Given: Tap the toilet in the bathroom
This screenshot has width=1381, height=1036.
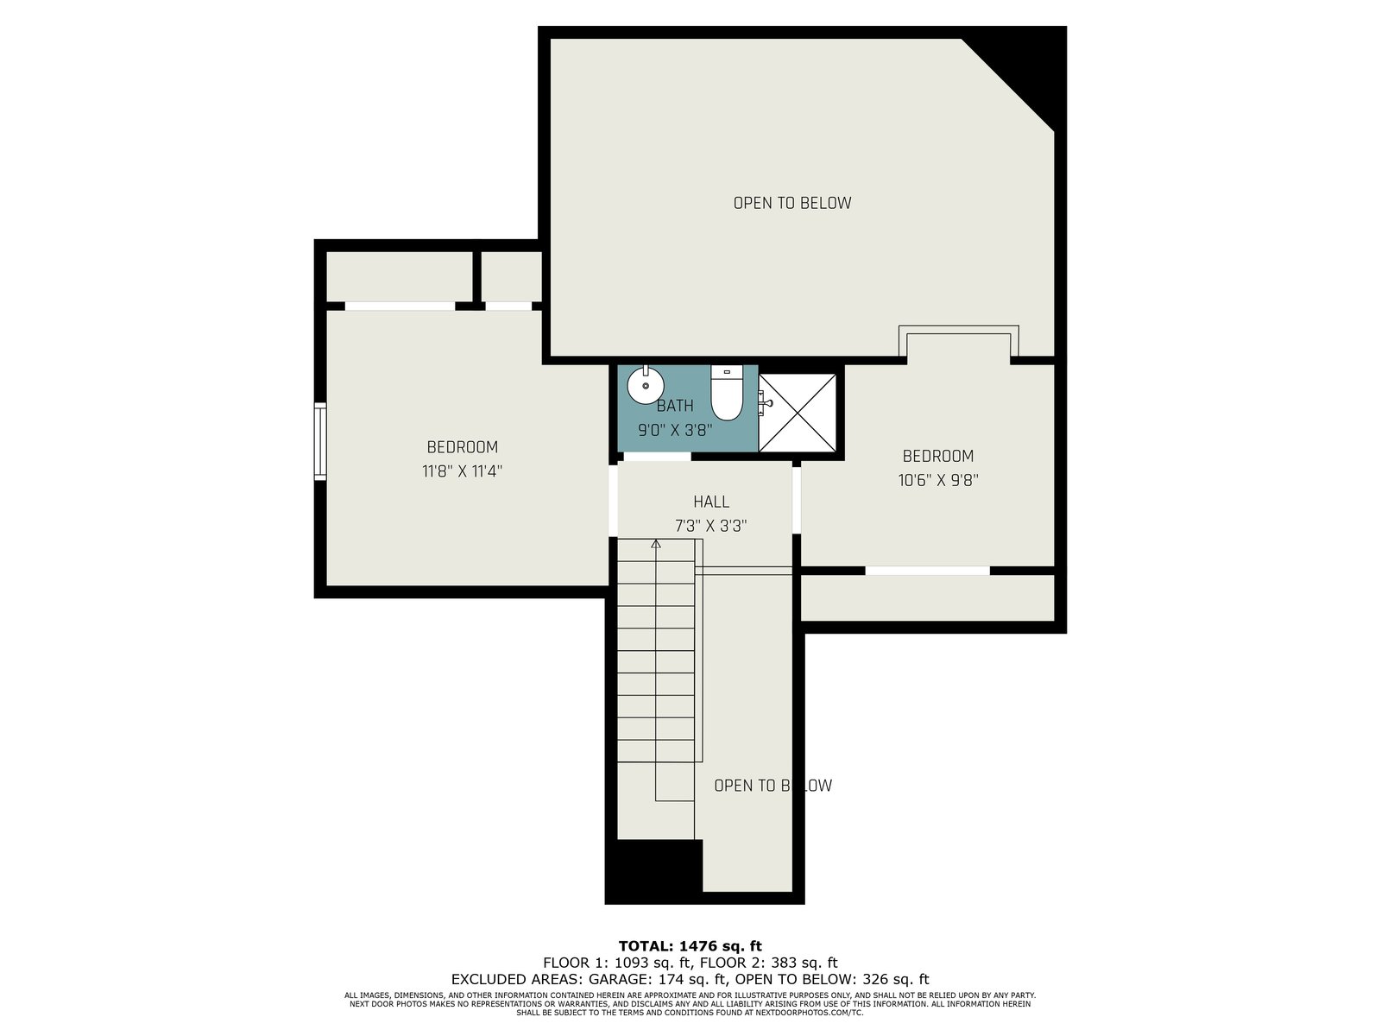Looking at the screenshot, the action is click(727, 393).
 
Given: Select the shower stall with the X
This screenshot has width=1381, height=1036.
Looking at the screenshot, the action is click(798, 413).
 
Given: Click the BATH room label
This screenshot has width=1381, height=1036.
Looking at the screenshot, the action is click(674, 406).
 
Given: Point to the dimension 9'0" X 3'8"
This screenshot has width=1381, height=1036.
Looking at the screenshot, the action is click(674, 430).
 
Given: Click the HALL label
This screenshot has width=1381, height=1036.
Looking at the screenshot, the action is click(711, 502).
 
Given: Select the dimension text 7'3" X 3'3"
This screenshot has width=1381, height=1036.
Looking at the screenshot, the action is click(711, 526).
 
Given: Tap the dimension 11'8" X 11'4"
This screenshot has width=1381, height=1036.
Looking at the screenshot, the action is click(462, 471).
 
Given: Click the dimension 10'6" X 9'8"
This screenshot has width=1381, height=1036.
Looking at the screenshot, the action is click(938, 481).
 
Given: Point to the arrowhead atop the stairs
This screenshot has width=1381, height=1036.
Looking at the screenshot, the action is click(656, 544).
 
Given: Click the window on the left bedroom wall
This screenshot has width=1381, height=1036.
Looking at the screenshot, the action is click(320, 441).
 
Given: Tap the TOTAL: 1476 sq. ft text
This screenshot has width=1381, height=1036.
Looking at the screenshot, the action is click(690, 946).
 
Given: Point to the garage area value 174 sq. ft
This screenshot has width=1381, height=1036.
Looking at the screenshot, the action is click(693, 979).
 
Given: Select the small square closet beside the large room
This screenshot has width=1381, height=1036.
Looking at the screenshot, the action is click(512, 276).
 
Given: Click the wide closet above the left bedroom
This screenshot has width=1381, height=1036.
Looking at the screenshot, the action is click(400, 276).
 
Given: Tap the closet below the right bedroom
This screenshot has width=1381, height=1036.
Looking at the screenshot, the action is click(927, 597).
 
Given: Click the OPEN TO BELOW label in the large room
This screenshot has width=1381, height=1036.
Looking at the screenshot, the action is click(792, 203).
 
